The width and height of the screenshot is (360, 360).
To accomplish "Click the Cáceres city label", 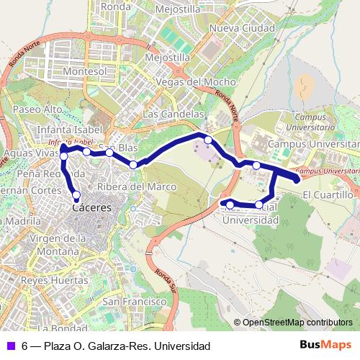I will (93, 207).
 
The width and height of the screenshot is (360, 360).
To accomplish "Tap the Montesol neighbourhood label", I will (85, 72).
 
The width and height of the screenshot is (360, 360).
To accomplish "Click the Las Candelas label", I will (174, 114).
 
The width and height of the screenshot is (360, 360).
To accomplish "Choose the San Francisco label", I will (130, 300).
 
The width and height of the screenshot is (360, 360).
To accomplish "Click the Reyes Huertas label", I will (50, 279).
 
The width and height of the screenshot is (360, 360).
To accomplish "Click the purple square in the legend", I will (9, 346).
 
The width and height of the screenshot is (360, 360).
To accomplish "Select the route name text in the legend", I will (116, 346).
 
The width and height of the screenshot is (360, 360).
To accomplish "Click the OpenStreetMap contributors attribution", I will (298, 323).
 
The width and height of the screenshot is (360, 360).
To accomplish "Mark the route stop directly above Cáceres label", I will (76, 194).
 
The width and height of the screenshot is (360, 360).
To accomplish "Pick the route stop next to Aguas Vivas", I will (64, 156).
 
